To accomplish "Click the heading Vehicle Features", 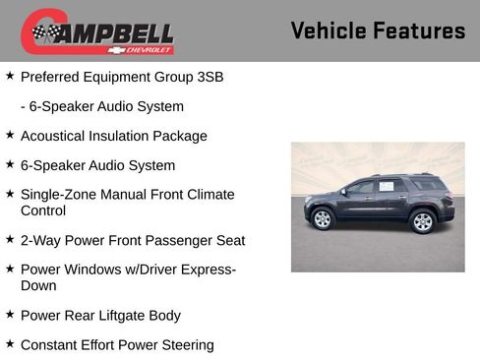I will (378, 30).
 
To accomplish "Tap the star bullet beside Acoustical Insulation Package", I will (10, 135).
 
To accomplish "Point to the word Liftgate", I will (127, 315).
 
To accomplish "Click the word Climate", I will (208, 195).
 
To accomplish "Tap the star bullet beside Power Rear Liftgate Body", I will (10, 314).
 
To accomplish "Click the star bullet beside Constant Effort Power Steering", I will (10, 343).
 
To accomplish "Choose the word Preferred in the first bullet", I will (50, 76).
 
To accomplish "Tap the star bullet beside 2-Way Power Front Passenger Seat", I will (10, 239).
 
